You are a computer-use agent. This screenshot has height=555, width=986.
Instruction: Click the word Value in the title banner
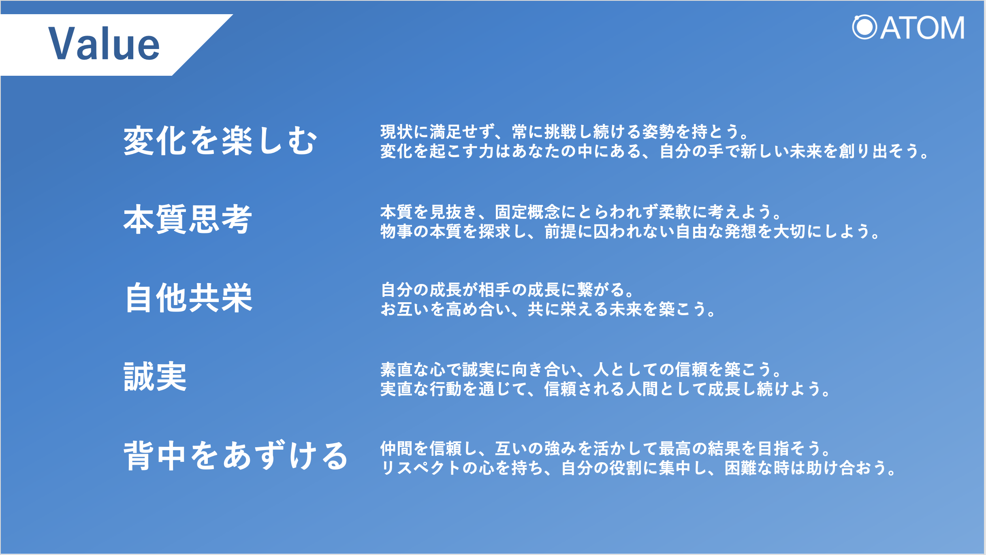[x=104, y=44]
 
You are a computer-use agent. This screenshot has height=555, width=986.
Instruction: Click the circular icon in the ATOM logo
[x=864, y=28]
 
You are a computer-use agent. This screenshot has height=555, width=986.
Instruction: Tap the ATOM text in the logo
[x=922, y=28]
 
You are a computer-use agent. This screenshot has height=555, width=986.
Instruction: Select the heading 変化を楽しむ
[x=220, y=141]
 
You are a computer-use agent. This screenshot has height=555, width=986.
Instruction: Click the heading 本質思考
[x=188, y=219]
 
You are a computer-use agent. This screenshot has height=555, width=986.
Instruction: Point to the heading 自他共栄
[x=189, y=298]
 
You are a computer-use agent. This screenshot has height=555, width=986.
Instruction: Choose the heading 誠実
[x=155, y=376]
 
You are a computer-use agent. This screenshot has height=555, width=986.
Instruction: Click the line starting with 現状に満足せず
[x=564, y=132]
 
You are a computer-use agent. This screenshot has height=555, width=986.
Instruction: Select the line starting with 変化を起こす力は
[x=654, y=151]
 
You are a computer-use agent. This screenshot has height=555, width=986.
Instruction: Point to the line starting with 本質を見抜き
[x=581, y=211]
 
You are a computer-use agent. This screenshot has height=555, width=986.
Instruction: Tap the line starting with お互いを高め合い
[x=548, y=309]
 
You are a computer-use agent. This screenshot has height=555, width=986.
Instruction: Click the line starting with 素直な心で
[x=581, y=369]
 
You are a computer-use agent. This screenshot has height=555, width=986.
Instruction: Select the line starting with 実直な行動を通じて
[x=605, y=388]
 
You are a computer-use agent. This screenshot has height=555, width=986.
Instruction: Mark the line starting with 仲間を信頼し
[x=605, y=448]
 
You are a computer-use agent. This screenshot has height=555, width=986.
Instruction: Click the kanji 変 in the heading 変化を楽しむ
[x=139, y=141]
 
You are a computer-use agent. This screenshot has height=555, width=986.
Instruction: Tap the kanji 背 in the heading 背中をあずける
[x=139, y=456]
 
